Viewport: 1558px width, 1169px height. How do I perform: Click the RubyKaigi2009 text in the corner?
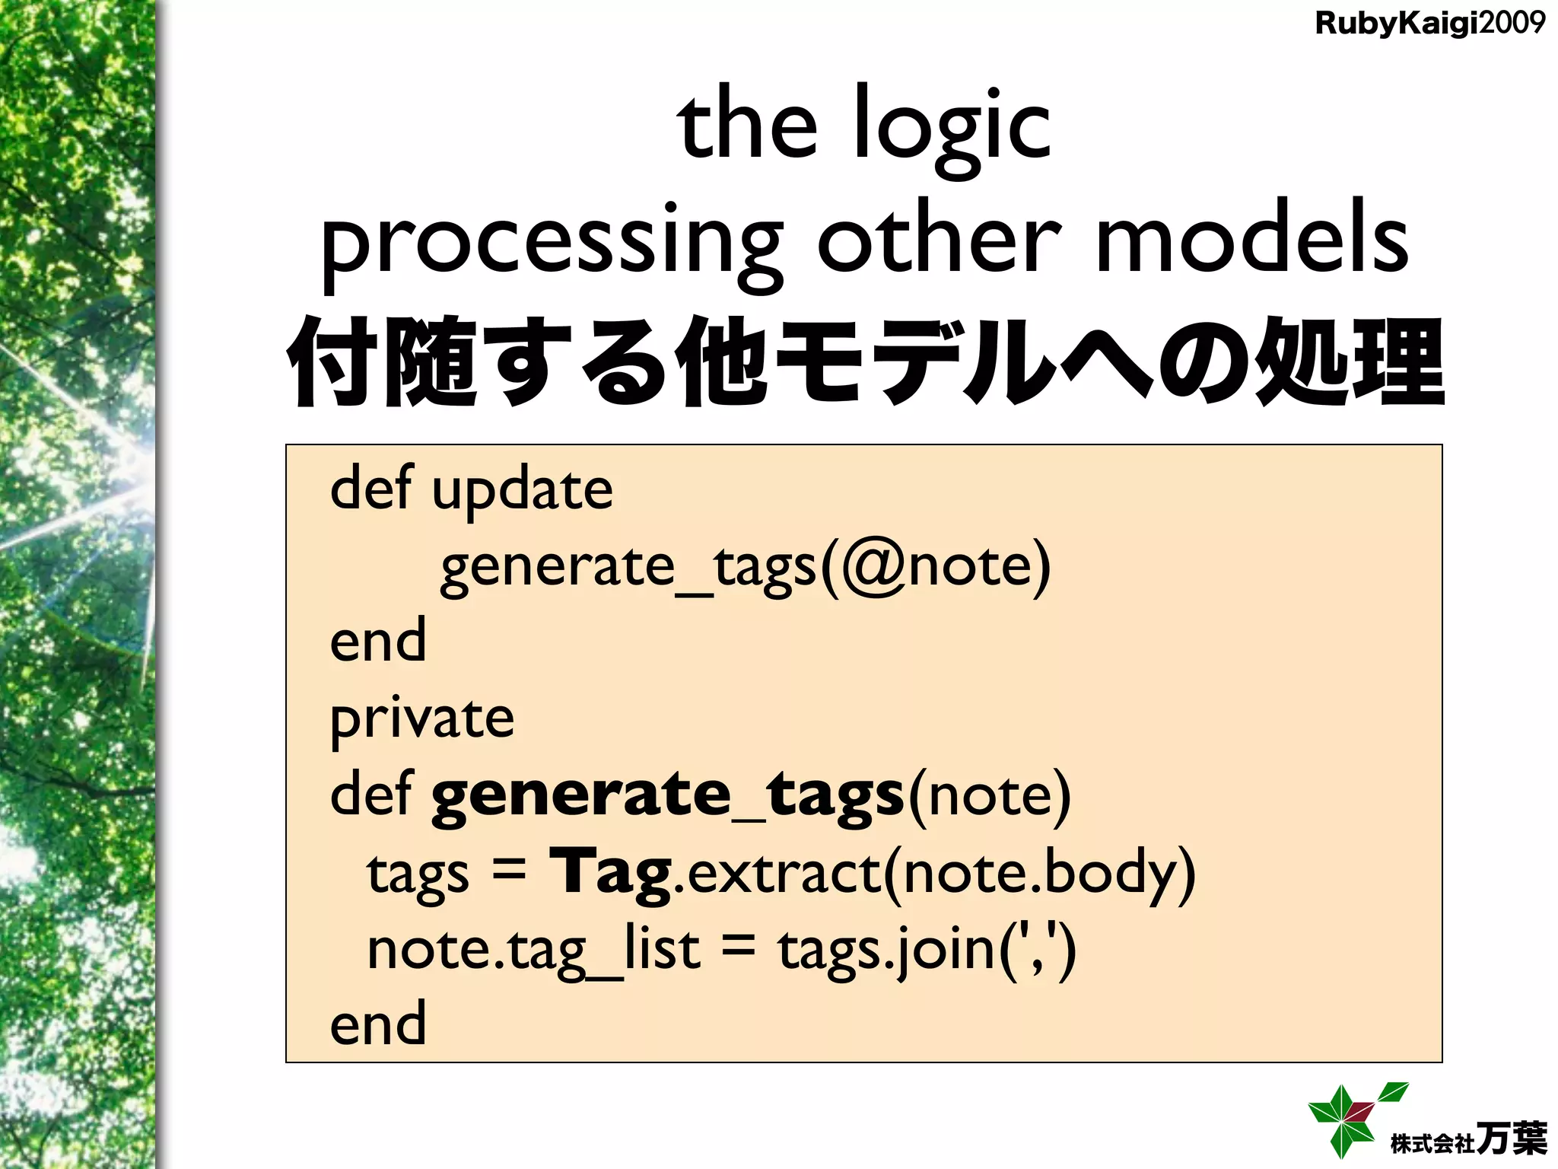pyautogui.click(x=1429, y=24)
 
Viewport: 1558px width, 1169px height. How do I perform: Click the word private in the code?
pyautogui.click(x=422, y=719)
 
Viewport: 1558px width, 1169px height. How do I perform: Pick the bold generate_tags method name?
pyautogui.click(x=667, y=795)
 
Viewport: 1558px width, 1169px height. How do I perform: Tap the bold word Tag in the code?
pyautogui.click(x=610, y=873)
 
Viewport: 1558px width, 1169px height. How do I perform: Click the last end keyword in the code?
pyautogui.click(x=378, y=1024)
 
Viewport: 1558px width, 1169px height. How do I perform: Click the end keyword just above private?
pyautogui.click(x=378, y=642)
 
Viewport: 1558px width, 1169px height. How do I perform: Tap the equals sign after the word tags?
pyautogui.click(x=508, y=869)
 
